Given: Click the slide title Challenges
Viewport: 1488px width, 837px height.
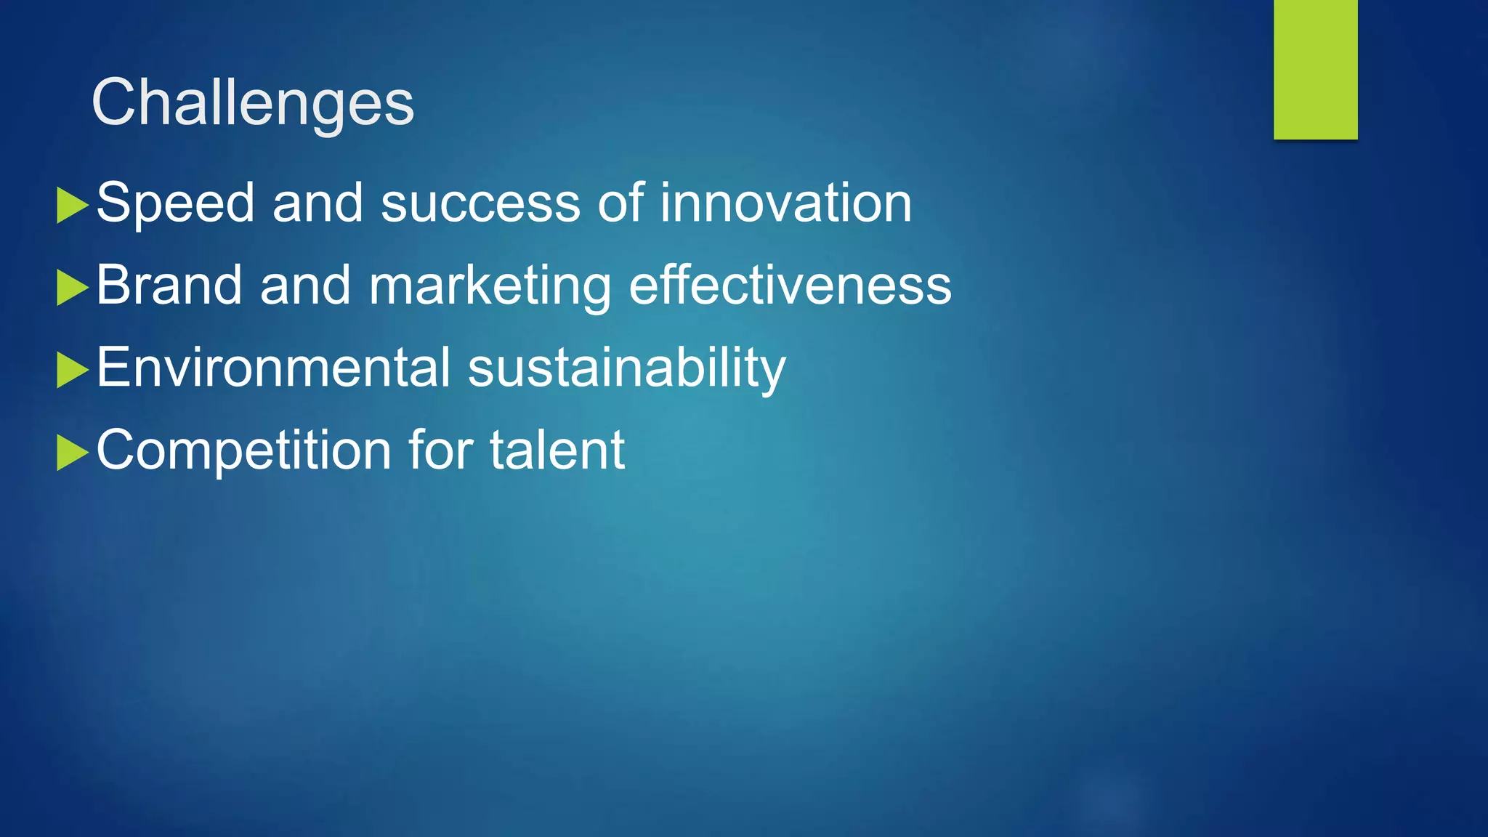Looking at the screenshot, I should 252,103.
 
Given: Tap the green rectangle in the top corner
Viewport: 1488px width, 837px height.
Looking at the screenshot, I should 1315,69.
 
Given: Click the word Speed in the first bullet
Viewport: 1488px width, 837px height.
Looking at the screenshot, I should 175,203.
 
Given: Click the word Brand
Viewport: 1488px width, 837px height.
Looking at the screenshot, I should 169,286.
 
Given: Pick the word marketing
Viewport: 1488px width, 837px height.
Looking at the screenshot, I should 490,287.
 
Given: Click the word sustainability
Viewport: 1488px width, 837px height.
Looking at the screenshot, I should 626,369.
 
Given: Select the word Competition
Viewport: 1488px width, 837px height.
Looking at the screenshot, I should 244,451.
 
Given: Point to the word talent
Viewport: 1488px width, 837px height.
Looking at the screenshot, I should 557,450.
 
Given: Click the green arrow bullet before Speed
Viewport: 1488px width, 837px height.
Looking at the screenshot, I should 72,206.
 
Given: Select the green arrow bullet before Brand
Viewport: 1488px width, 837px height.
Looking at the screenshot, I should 72,288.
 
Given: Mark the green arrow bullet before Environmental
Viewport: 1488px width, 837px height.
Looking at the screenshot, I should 72,370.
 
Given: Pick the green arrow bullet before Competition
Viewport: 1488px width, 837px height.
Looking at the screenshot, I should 72,453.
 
